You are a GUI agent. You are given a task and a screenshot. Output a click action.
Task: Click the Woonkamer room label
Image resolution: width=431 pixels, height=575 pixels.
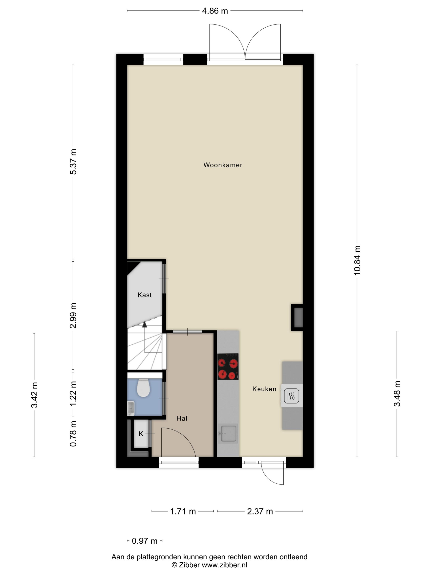pos(223,165)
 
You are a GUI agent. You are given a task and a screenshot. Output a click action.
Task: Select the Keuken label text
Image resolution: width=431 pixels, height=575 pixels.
pos(264,389)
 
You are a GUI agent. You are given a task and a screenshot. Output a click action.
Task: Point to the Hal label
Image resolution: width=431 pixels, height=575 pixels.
pos(182,418)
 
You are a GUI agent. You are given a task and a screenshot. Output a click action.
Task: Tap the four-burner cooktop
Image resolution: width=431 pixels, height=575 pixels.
pos(228,367)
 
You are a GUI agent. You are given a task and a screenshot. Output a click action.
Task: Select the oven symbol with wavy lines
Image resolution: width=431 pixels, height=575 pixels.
pos(291,396)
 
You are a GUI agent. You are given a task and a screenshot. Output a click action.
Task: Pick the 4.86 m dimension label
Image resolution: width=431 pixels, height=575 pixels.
pos(215,11)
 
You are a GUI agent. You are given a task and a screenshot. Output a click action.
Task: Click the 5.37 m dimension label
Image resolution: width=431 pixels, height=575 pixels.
pos(73,162)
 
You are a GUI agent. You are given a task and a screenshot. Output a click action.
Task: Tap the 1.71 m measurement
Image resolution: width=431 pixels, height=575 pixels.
pos(183,511)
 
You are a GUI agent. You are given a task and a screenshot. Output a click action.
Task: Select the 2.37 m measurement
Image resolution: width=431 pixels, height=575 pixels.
pos(260,511)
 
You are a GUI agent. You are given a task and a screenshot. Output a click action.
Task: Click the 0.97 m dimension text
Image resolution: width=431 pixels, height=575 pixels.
pos(144,541)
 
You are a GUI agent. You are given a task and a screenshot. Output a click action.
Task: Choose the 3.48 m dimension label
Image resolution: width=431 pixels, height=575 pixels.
pos(397,393)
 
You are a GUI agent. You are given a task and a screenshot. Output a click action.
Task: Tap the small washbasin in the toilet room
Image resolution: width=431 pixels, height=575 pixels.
pos(131,408)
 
